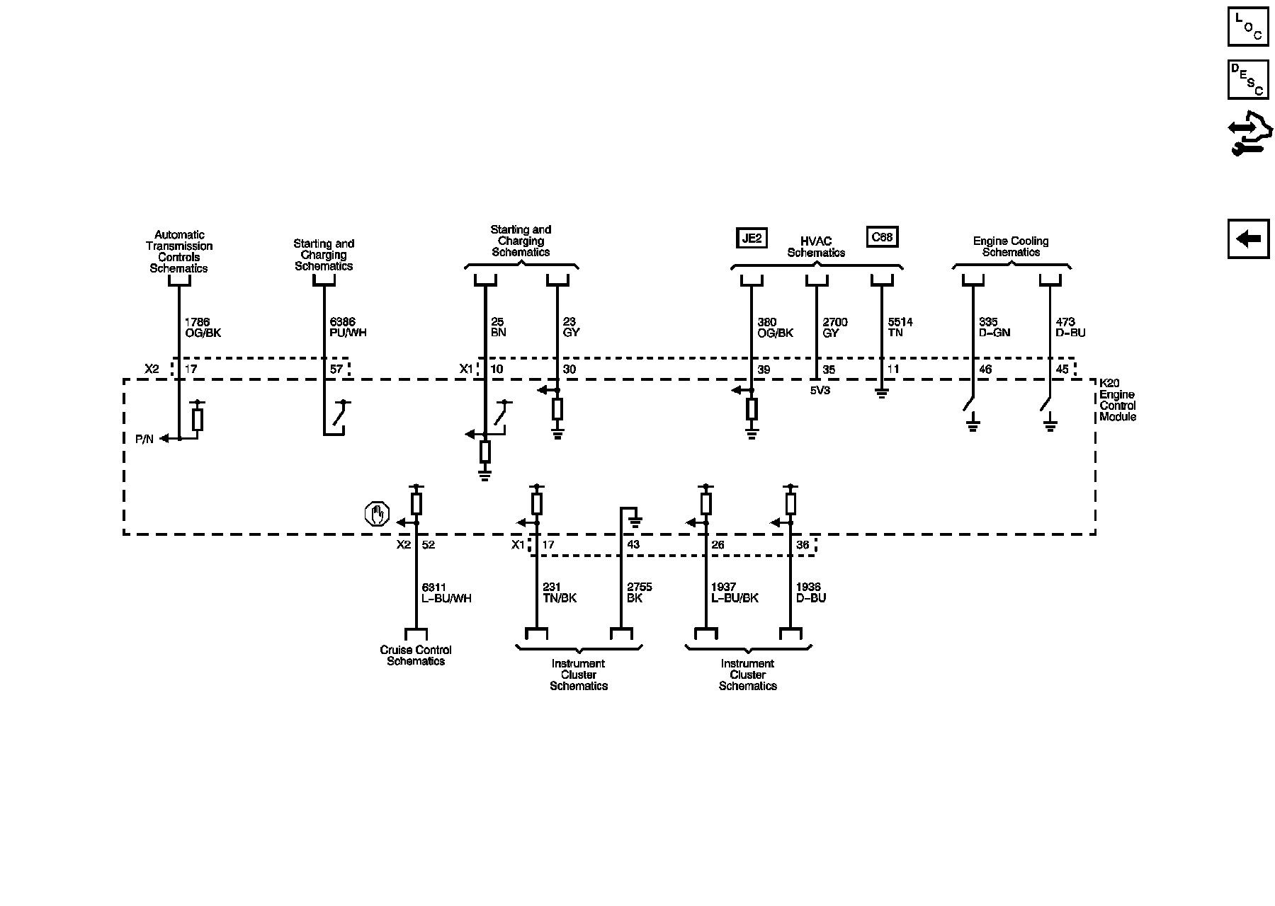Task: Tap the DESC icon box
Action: tap(1248, 79)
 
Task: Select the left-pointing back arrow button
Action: tap(1248, 239)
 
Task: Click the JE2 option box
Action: tap(751, 238)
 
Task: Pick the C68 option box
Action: tap(882, 236)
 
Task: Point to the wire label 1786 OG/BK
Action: tap(203, 327)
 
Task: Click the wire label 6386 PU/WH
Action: tap(348, 327)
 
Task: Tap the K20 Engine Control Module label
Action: tap(1117, 400)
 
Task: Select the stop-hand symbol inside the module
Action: tap(378, 514)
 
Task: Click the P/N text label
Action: tap(144, 439)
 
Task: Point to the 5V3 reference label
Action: tap(820, 389)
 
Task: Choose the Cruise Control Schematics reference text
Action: tap(416, 655)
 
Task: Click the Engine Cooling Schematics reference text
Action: tap(1011, 246)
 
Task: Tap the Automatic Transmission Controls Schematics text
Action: tap(179, 251)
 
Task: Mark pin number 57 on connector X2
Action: tap(336, 369)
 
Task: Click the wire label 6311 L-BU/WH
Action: tap(446, 592)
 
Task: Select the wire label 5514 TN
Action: tap(900, 327)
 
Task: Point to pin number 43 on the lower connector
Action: tap(633, 544)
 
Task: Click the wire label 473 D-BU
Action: tap(1070, 327)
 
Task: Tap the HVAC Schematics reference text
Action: tap(816, 247)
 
